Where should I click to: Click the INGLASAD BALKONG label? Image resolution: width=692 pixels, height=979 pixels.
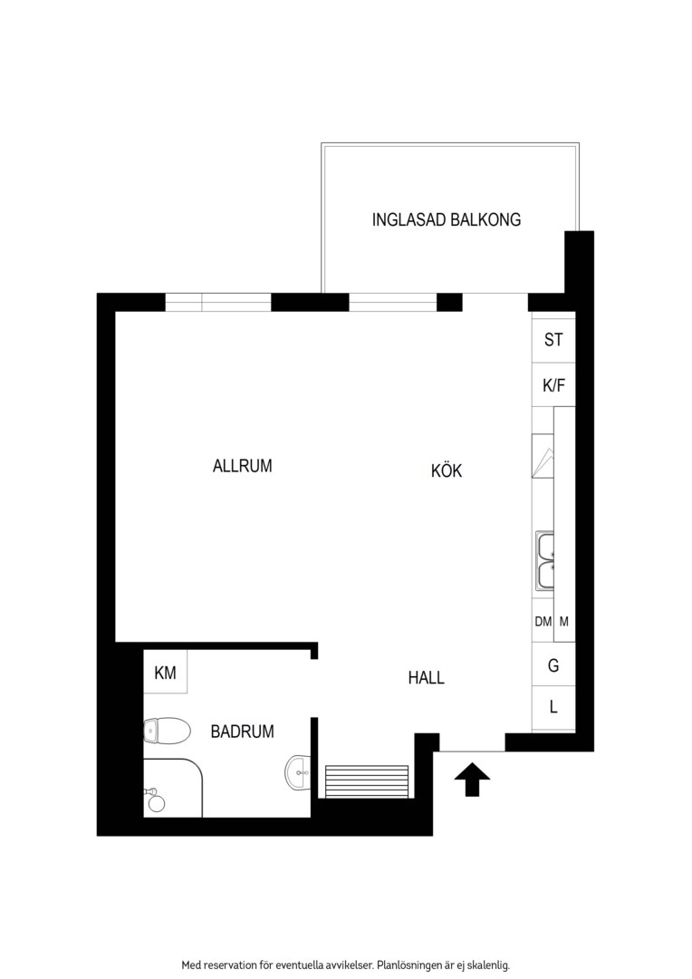coord(447,219)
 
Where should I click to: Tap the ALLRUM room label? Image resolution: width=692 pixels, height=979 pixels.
coord(242,466)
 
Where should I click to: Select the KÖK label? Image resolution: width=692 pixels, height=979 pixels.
coord(447,470)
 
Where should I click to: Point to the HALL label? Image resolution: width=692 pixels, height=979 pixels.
coord(427,677)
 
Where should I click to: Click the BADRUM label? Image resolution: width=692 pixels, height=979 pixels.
coord(242,732)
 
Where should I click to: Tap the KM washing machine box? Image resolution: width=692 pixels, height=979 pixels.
coord(166,672)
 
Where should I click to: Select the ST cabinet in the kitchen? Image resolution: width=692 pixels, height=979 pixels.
coord(553,340)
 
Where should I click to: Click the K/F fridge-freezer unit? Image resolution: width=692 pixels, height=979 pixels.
coord(553,385)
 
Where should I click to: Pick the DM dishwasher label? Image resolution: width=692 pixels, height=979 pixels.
coord(543,622)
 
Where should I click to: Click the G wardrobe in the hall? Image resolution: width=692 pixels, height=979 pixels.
coord(553,665)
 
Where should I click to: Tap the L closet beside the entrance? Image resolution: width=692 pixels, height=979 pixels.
coord(553,708)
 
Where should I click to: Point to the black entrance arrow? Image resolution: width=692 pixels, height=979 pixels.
coord(473,780)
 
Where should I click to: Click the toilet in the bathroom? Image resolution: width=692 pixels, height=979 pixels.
coord(167,732)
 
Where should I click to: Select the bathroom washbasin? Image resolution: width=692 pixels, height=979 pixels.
coord(298,772)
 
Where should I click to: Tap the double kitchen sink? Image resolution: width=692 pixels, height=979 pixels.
coord(544,561)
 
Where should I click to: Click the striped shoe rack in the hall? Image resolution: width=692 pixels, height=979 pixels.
coord(366,781)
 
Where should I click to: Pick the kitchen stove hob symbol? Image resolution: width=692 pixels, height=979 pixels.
coord(543,456)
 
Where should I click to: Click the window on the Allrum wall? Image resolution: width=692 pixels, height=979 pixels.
coord(217,303)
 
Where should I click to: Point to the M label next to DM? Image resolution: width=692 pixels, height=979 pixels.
coord(564,622)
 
